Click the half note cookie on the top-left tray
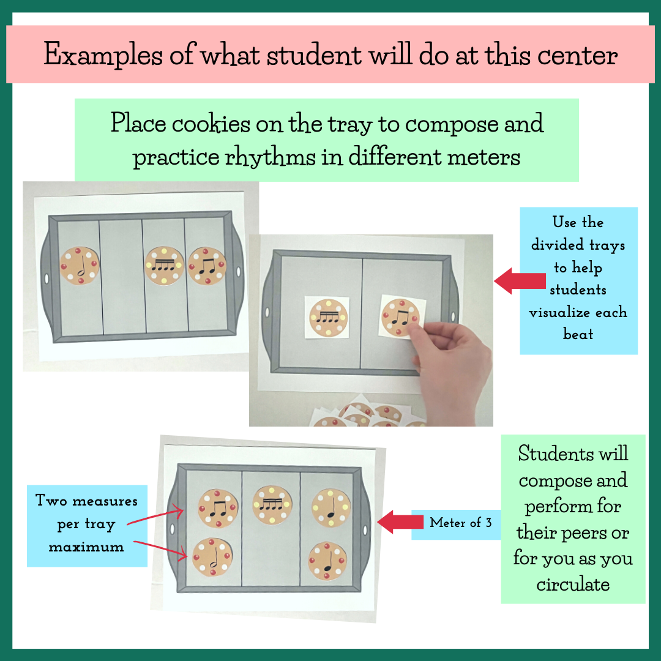[x=79, y=266]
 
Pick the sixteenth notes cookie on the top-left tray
[x=165, y=266]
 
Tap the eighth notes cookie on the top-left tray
[x=207, y=266]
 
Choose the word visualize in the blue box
[x=578, y=312]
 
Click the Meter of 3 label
[x=460, y=523]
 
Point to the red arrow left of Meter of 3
[x=401, y=522]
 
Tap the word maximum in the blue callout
[x=86, y=547]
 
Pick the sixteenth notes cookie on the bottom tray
[x=272, y=504]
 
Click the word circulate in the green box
[x=573, y=584]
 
